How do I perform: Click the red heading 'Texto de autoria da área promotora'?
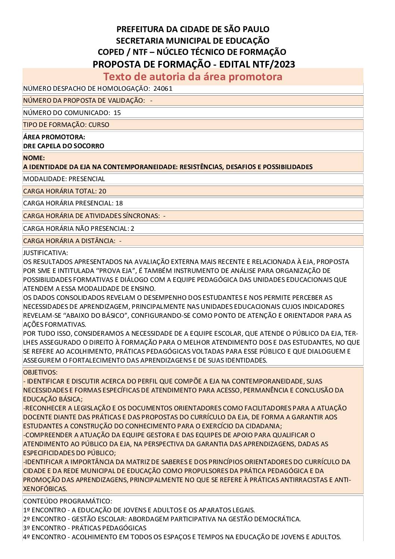coord(193,77)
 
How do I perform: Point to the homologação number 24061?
coord(163,89)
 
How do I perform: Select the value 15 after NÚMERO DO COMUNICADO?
coord(117,113)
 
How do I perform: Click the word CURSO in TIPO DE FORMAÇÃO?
coord(99,125)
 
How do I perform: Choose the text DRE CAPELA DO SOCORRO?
coord(63,146)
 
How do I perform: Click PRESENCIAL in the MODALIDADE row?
coord(87,179)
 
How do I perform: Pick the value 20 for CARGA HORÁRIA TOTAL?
coord(102,191)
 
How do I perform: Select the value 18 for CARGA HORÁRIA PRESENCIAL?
coord(119,204)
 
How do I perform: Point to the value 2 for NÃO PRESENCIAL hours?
coord(133,229)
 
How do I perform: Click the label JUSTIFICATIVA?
coord(46,253)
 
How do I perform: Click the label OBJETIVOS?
coord(40,372)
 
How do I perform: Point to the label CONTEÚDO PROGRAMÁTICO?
coord(68,501)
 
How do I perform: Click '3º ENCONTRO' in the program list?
coord(45,528)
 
